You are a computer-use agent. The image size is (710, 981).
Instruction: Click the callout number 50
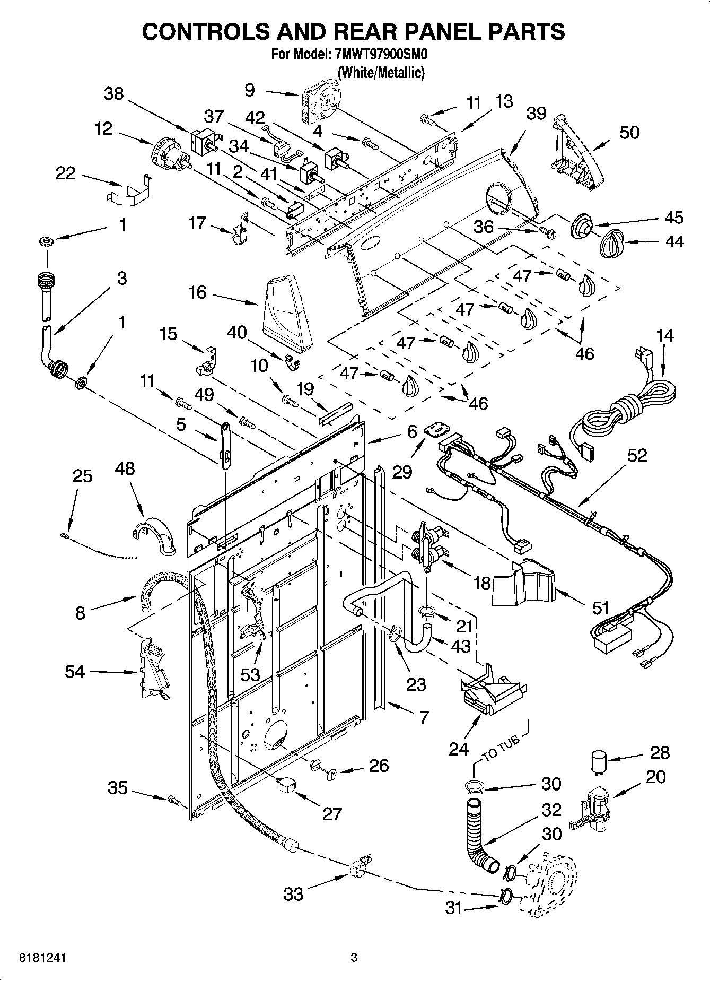point(629,132)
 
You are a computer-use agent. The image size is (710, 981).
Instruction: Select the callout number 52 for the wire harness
point(637,455)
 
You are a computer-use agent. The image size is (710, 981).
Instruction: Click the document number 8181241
point(37,958)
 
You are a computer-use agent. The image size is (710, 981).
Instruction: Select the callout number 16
point(198,292)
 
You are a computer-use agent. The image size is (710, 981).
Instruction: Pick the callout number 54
point(75,672)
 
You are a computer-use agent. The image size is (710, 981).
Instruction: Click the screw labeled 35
point(173,799)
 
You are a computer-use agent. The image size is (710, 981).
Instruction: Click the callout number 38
point(113,94)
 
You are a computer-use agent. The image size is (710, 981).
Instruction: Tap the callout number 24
point(459,749)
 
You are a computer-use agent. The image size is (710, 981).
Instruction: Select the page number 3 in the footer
point(354,958)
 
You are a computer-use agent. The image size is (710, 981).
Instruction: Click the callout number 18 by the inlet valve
point(481,583)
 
